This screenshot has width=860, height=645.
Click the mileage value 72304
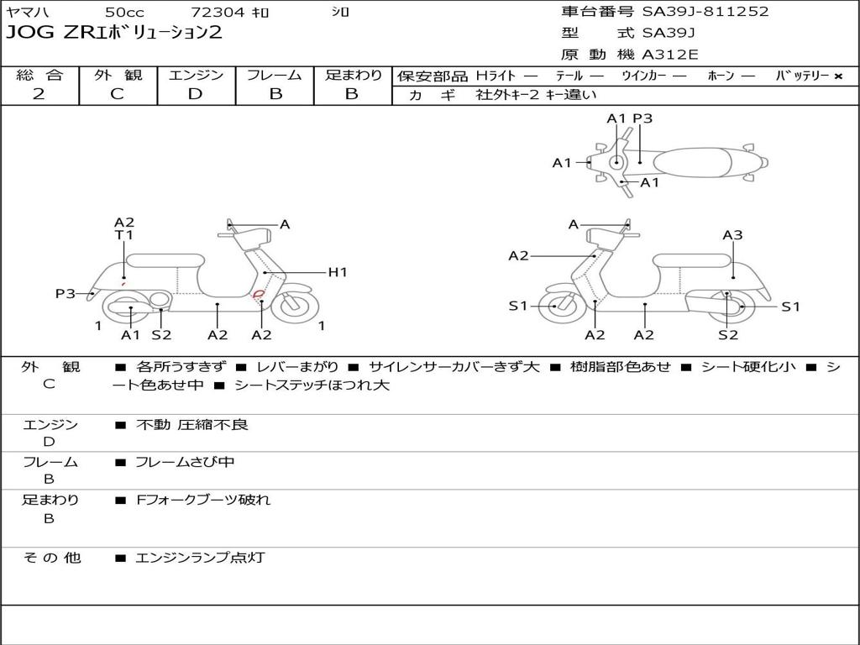pyautogui.click(x=218, y=13)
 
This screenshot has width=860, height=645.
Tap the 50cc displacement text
pyautogui.click(x=123, y=13)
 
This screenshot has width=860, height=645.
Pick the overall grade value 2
pyautogui.click(x=39, y=94)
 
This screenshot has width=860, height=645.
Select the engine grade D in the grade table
pyautogui.click(x=195, y=94)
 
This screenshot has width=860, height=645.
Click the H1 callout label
pyautogui.click(x=338, y=272)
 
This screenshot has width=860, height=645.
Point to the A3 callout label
pyautogui.click(x=732, y=236)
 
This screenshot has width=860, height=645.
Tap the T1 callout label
pyautogui.click(x=124, y=236)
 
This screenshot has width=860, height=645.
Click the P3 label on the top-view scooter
pyautogui.click(x=642, y=119)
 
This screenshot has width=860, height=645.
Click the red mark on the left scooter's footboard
pyautogui.click(x=259, y=293)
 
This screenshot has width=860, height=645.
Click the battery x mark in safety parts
pyautogui.click(x=837, y=76)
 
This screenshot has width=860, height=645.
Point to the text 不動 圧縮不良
pyautogui.click(x=192, y=425)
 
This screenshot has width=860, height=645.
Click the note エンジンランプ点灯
pyautogui.click(x=200, y=558)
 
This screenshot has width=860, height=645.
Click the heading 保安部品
pyautogui.click(x=432, y=76)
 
